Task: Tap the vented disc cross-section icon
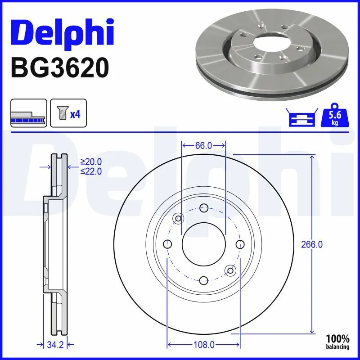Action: (x=28, y=113)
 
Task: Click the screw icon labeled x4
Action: (x=66, y=113)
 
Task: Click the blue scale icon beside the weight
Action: (x=301, y=118)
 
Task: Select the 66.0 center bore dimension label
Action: (x=203, y=145)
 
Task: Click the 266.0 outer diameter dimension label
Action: (x=312, y=244)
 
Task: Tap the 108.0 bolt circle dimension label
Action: (x=203, y=345)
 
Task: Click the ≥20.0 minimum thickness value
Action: (x=91, y=162)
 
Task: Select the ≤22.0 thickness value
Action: (x=91, y=171)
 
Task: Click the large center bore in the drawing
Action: (x=203, y=244)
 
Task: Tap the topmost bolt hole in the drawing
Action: (x=203, y=208)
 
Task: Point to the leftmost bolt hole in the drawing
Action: (x=167, y=244)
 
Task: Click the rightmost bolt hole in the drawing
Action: (x=240, y=244)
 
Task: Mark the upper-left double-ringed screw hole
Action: (x=178, y=219)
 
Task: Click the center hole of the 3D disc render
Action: (x=270, y=43)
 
